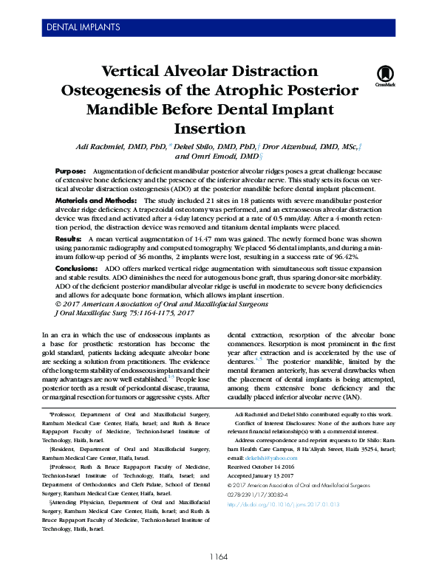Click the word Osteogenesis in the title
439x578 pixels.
click(x=131, y=91)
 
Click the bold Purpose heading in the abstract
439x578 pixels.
click(x=70, y=171)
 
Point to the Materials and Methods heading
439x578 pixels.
click(x=96, y=201)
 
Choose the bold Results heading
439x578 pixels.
click(x=69, y=240)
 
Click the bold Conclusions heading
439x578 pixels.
click(x=76, y=269)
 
